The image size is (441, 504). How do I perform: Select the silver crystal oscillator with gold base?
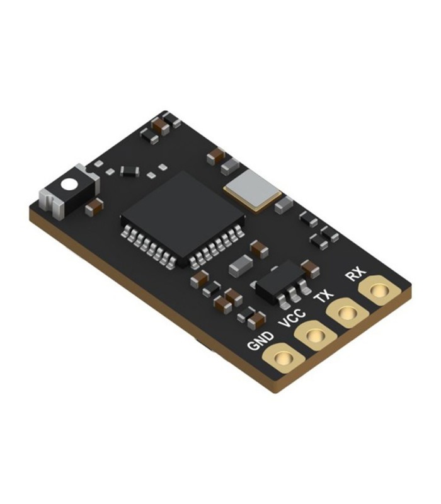click(253, 190)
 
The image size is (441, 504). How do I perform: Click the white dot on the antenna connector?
click(68, 185)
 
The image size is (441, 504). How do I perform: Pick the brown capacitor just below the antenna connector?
click(94, 206)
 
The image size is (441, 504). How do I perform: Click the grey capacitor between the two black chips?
click(241, 265)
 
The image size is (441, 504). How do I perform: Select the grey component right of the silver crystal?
click(283, 204)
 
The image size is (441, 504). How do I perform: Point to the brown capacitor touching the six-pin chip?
click(309, 269)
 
